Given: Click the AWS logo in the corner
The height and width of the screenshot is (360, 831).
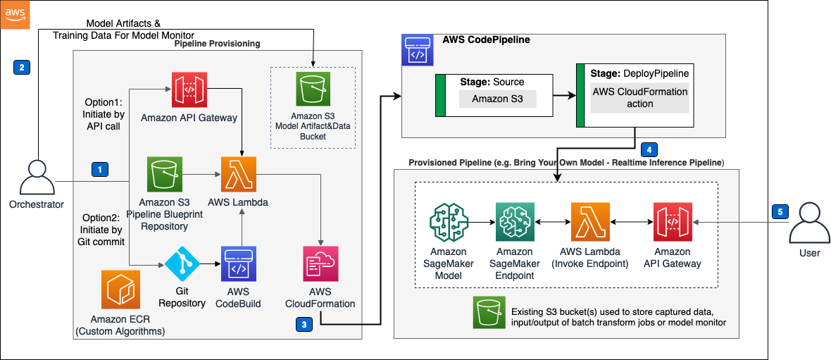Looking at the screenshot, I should [15, 15].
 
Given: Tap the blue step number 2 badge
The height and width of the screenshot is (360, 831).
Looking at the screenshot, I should [21, 68].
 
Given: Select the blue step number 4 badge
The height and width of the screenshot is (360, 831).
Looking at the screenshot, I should [649, 149].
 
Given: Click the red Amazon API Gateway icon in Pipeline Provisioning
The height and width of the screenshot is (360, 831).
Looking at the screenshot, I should [189, 88].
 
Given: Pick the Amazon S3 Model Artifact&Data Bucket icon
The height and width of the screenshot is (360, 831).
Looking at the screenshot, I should [313, 91].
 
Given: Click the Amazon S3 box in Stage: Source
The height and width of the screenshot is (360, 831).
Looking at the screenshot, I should [497, 99].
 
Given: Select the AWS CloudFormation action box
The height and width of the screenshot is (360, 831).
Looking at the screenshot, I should [639, 98].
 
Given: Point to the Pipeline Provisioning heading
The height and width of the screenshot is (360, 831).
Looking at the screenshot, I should [217, 44].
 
